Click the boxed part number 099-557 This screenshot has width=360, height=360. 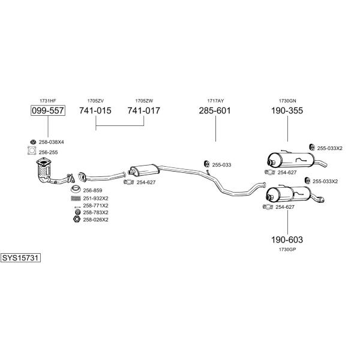point(47,111)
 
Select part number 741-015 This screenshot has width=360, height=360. point(95,111)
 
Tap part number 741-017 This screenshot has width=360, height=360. point(144,111)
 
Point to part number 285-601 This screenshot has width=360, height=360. point(215,111)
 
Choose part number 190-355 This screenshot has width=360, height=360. point(287,111)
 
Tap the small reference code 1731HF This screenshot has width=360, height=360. point(47,100)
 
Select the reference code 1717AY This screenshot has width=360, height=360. point(215,100)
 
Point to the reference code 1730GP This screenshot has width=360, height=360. point(287,249)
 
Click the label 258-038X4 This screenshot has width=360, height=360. point(52,142)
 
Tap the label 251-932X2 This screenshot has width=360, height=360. point(95,198)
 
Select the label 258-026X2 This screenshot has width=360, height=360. point(95,220)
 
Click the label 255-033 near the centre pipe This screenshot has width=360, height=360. point(221,164)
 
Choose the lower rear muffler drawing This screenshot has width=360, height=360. point(288,194)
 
